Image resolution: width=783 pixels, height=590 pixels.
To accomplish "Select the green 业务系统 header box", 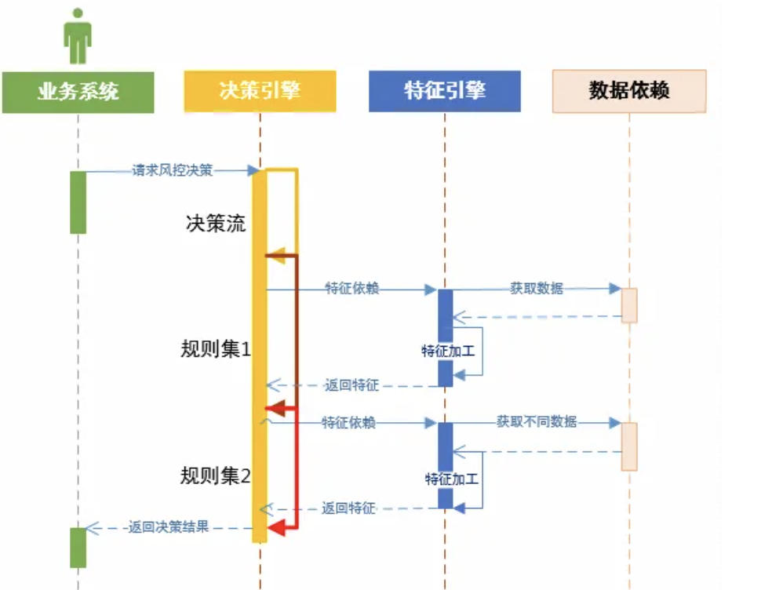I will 78,91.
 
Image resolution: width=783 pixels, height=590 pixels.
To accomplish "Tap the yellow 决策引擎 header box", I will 260,91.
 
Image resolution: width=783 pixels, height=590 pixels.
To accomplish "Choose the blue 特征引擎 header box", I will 444,91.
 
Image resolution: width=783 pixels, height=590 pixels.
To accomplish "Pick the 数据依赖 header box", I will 629,91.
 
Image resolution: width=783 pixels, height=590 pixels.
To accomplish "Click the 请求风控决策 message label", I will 173,170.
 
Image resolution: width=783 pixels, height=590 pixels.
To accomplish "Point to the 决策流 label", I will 216,224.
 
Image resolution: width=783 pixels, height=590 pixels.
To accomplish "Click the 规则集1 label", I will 216,349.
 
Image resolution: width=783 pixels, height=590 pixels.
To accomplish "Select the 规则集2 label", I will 216,475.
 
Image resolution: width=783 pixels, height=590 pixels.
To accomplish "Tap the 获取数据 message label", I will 537,289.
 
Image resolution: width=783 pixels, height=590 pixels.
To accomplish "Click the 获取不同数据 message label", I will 537,422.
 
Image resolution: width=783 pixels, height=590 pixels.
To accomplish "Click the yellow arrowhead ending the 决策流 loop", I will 275,255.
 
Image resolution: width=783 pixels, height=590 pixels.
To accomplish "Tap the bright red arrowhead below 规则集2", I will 275,531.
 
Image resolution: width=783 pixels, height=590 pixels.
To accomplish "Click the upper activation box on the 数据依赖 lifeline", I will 629,305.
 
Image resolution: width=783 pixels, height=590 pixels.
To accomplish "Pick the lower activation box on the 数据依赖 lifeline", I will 629,446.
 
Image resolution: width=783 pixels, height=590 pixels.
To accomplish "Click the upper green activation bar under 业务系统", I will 78,202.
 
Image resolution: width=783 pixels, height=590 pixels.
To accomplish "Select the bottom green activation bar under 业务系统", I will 78,547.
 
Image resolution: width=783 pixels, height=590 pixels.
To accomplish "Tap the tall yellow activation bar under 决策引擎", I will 259,353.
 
